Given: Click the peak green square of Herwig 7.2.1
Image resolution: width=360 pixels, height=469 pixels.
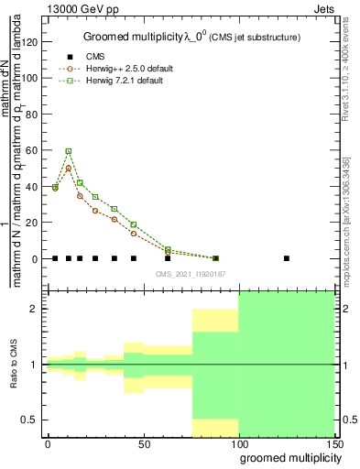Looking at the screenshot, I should point(68,151).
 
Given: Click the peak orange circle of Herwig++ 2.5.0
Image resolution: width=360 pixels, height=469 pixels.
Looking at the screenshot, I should point(68,169).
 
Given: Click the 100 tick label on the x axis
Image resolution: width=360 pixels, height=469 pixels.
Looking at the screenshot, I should point(238,444).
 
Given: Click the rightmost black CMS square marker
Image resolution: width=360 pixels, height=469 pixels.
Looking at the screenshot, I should point(287,258).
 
